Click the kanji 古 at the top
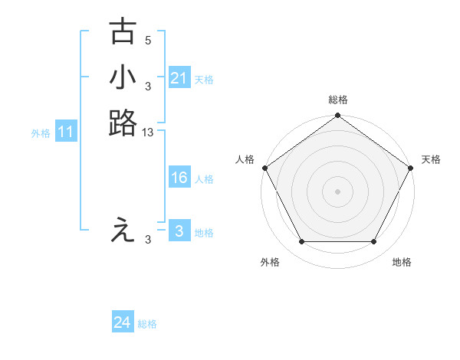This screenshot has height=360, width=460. pyautogui.click(x=123, y=33)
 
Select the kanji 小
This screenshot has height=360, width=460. pyautogui.click(x=123, y=77)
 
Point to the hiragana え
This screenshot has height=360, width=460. pyautogui.click(x=123, y=231)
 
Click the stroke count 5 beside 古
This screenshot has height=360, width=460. pyautogui.click(x=148, y=41)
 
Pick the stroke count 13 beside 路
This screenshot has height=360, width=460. pyautogui.click(x=148, y=133)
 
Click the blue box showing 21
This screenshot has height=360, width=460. pyautogui.click(x=179, y=78)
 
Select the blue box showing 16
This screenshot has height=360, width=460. pyautogui.click(x=179, y=178)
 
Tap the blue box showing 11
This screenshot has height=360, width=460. pyautogui.click(x=66, y=132)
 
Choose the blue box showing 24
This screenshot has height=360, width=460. pyautogui.click(x=123, y=323)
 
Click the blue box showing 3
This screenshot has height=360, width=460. pyautogui.click(x=179, y=231)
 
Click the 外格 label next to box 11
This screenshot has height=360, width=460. pyautogui.click(x=41, y=133)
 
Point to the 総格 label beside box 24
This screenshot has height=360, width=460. pyautogui.click(x=147, y=324)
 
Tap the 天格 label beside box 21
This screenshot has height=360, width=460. pyautogui.click(x=204, y=79)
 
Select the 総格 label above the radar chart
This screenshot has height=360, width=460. pyautogui.click(x=337, y=100)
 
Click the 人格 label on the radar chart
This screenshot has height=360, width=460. pyautogui.click(x=245, y=159)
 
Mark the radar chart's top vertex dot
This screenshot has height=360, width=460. pyautogui.click(x=337, y=116)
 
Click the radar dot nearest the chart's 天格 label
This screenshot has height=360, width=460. pyautogui.click(x=411, y=168)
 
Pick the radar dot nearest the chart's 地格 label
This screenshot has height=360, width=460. pyautogui.click(x=374, y=242)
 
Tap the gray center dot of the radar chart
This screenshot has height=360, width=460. pyautogui.click(x=337, y=191)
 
